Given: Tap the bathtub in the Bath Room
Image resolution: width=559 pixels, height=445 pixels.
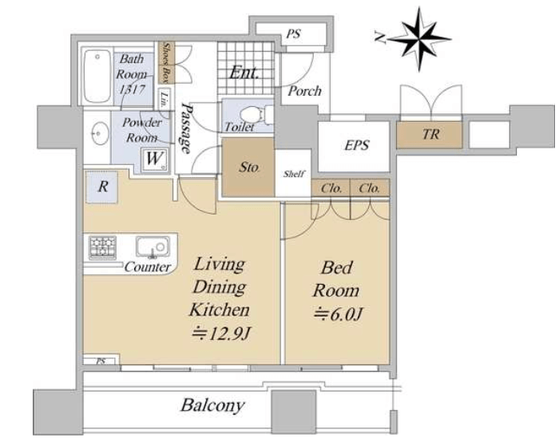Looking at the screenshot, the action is click(x=97, y=77).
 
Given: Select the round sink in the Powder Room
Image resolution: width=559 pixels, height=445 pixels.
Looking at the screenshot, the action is click(x=100, y=133).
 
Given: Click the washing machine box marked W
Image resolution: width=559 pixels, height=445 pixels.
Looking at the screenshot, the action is click(x=154, y=159).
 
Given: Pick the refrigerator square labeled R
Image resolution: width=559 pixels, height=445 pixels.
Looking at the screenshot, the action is click(x=102, y=187).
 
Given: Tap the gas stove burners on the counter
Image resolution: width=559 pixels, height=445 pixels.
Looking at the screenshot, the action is click(x=102, y=247).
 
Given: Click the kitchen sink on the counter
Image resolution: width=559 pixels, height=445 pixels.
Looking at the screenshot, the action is click(x=153, y=246).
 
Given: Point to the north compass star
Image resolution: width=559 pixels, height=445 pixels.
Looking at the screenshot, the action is click(x=419, y=38).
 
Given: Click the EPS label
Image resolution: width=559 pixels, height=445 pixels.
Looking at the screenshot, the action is click(x=356, y=145).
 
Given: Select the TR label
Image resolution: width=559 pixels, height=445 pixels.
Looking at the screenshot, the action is click(x=430, y=134).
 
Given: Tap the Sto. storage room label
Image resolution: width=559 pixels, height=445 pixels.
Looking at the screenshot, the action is click(x=249, y=167).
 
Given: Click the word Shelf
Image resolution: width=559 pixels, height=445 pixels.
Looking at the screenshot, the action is click(x=294, y=174).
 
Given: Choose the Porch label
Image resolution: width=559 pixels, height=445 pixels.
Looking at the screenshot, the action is click(x=304, y=91).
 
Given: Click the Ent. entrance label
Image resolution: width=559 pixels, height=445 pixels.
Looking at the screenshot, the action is click(x=244, y=73).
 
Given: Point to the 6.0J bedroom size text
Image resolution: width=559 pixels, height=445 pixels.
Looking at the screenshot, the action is click(x=338, y=314).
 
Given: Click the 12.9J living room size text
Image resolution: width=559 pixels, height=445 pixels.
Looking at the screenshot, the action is click(x=221, y=334).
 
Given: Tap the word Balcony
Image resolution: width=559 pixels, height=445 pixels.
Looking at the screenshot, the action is click(x=212, y=405).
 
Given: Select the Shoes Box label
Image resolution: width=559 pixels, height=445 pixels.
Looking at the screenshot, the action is click(x=165, y=62).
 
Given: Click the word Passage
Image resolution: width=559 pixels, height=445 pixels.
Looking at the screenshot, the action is click(x=186, y=128).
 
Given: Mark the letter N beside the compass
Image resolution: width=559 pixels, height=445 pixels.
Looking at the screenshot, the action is click(x=380, y=37).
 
